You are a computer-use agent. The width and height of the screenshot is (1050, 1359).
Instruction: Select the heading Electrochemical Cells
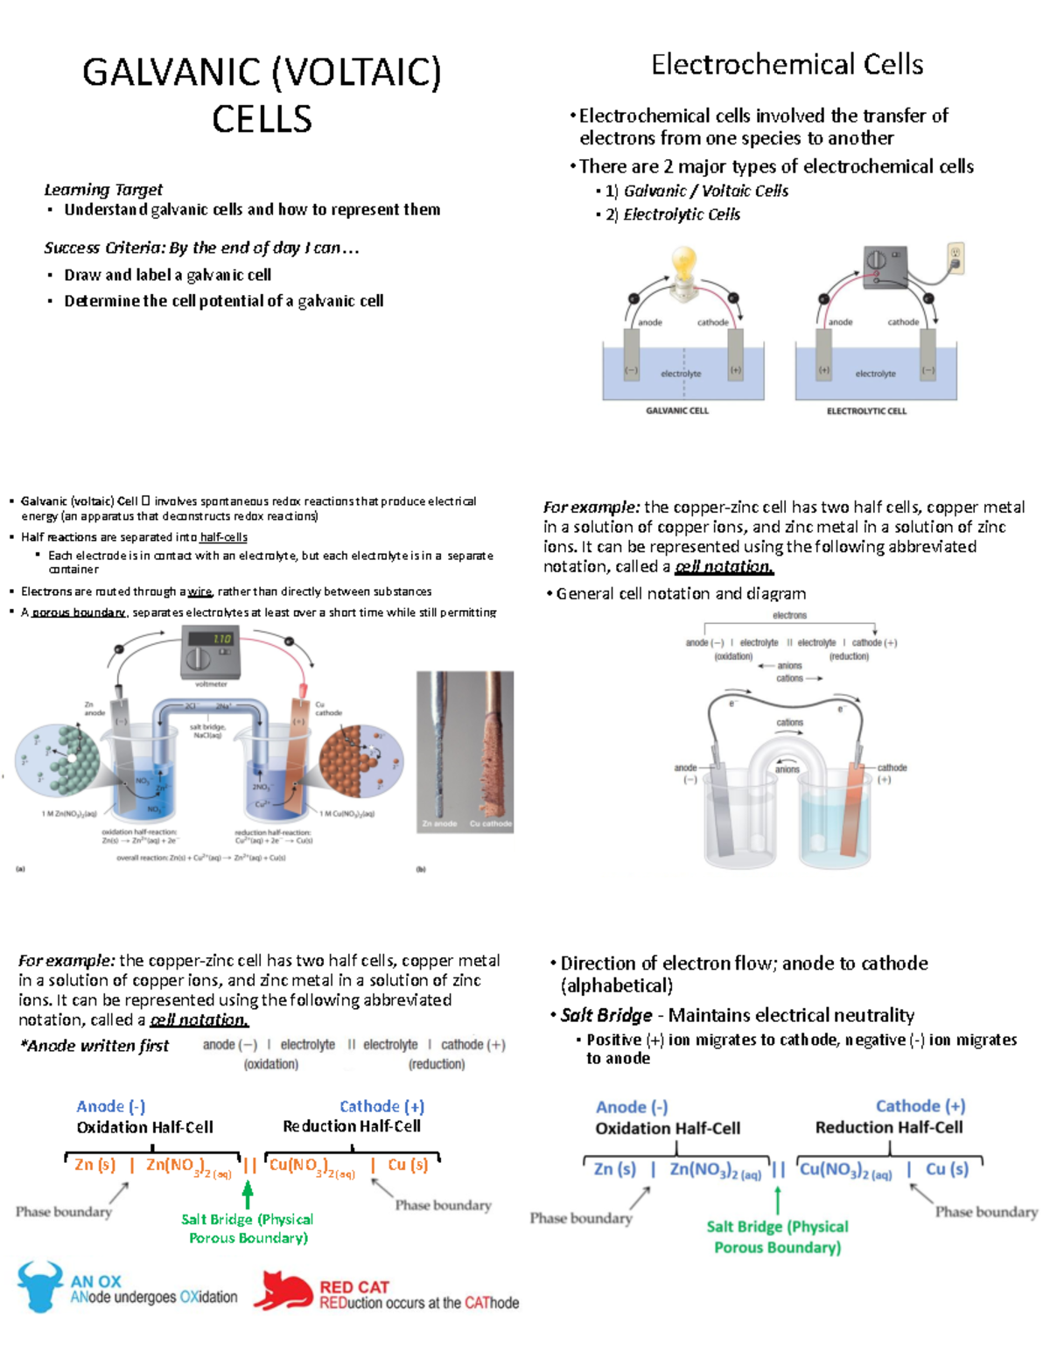787,65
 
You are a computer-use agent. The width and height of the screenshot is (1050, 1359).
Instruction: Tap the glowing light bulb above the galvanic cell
683,265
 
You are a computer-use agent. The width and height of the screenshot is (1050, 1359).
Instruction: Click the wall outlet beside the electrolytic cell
955,258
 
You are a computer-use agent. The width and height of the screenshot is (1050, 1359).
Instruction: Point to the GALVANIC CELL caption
676,410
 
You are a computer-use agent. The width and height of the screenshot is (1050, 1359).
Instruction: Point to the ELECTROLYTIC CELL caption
866,410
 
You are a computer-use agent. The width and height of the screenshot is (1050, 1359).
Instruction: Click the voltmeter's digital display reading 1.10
222,640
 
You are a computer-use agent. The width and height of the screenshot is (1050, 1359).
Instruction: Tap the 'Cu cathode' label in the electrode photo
490,823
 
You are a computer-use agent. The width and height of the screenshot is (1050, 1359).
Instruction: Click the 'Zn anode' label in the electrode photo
439,823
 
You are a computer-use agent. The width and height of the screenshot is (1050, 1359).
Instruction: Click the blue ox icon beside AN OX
39,1286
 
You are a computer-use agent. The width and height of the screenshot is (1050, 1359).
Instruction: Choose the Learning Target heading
103,190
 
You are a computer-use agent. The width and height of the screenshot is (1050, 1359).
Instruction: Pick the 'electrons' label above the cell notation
789,615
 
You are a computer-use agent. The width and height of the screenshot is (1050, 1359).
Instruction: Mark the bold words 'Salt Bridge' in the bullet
606,1015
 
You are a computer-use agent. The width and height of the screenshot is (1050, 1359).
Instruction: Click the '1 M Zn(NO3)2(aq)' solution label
69,814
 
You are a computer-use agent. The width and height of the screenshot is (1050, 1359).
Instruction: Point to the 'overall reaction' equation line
201,858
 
